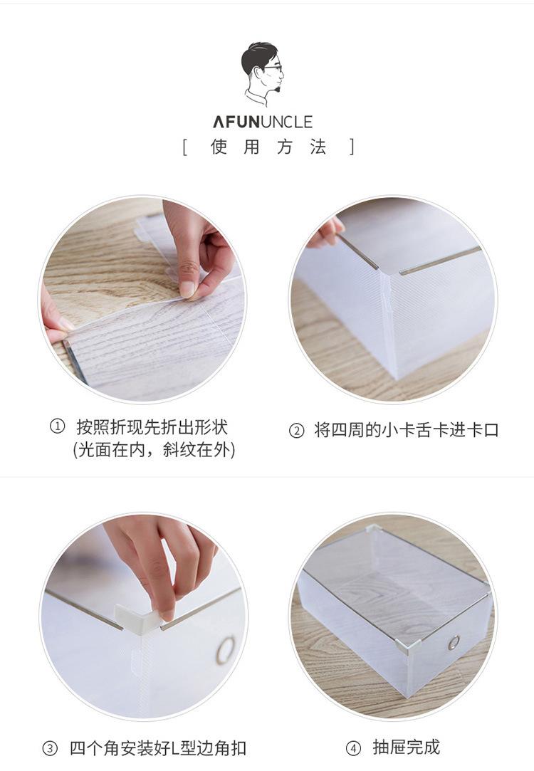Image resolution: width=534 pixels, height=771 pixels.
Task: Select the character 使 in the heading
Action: click(x=219, y=147)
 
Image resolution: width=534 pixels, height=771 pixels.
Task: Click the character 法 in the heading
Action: click(x=318, y=147)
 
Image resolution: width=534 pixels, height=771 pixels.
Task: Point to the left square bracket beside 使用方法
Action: click(x=185, y=147)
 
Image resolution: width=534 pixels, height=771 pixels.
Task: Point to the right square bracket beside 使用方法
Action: click(x=352, y=147)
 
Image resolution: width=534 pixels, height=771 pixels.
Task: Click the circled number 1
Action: click(x=58, y=426)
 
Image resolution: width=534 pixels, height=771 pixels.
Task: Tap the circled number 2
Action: click(x=296, y=431)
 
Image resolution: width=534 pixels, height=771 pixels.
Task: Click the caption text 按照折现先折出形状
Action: click(x=152, y=427)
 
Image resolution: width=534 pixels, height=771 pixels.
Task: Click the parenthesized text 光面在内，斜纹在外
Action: click(x=154, y=449)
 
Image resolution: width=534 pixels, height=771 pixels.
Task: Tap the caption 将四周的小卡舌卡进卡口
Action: click(x=407, y=430)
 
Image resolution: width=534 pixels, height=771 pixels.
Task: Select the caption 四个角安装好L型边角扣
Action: click(x=158, y=748)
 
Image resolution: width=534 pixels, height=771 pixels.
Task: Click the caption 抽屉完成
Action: click(x=406, y=748)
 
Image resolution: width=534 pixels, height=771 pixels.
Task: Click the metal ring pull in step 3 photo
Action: click(x=226, y=650)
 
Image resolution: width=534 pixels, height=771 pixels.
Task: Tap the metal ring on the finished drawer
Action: click(x=454, y=642)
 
